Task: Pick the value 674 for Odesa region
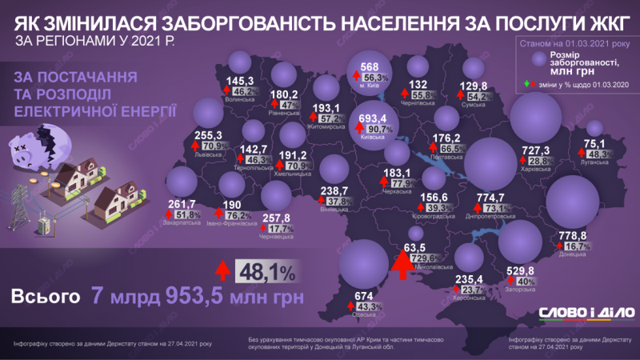tap(365, 295)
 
